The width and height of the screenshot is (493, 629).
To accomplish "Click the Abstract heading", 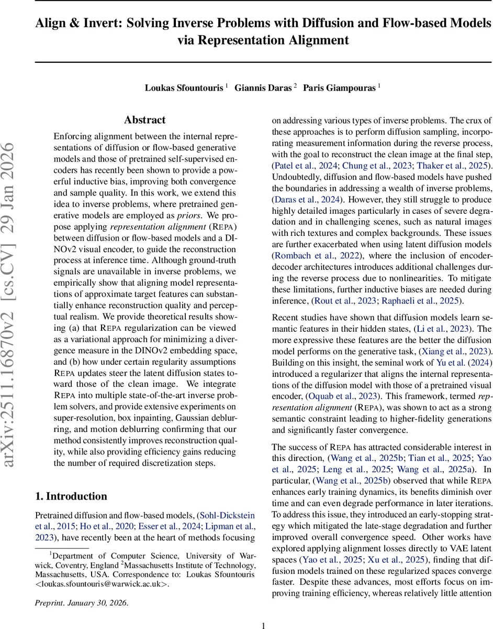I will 145,120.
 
